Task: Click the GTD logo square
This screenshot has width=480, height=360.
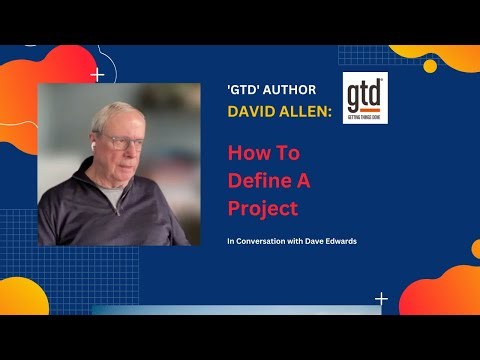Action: (x=364, y=97)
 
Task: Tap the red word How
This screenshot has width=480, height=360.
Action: (x=247, y=155)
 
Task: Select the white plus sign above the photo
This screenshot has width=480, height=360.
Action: (x=97, y=74)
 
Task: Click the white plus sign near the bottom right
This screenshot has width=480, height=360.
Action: (x=381, y=298)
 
